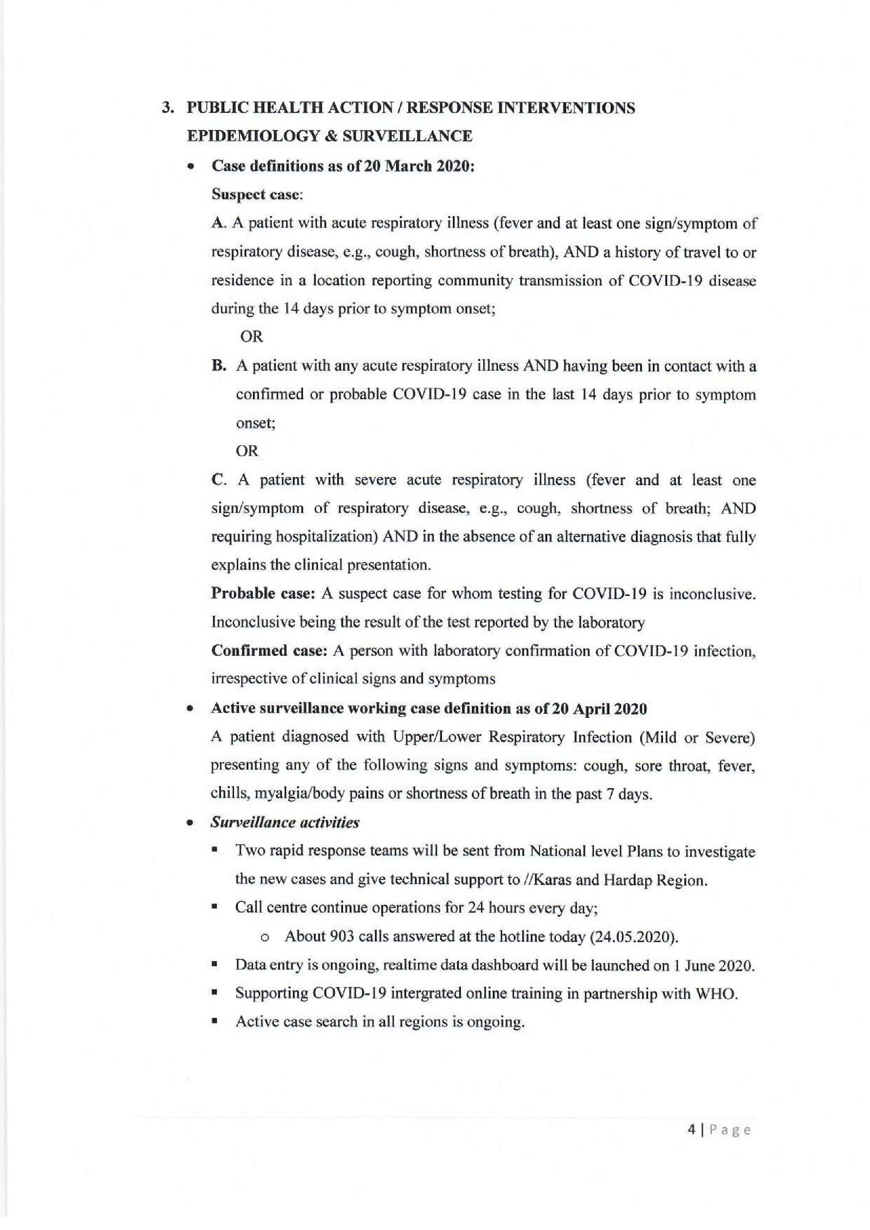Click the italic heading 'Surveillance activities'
285,822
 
